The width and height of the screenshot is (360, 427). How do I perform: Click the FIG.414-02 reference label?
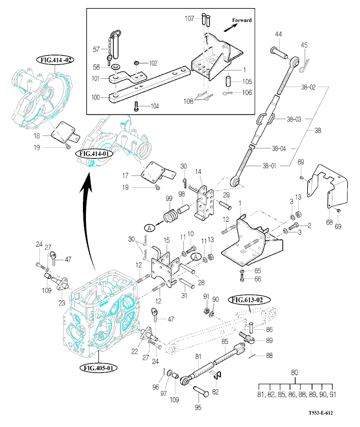click(x=55, y=59)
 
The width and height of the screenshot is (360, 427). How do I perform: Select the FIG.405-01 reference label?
click(x=98, y=367)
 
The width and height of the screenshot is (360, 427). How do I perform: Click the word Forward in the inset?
click(x=241, y=20)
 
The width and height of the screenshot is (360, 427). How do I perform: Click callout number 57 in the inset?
click(x=97, y=49)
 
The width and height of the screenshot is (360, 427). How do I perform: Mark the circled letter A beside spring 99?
click(x=149, y=228)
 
